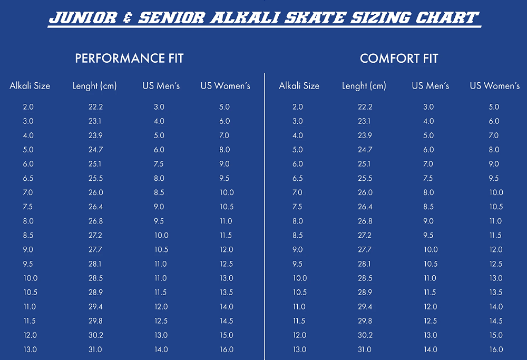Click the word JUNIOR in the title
click(x=83, y=17)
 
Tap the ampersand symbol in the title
click(x=128, y=17)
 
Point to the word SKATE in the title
click(x=314, y=17)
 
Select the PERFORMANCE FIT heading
click(x=129, y=58)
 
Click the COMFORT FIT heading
click(x=399, y=59)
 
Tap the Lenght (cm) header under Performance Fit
click(x=95, y=86)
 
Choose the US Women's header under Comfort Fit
click(x=495, y=86)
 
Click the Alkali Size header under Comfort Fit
click(x=299, y=86)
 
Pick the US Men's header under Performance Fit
click(x=161, y=86)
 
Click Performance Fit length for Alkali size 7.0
click(x=96, y=192)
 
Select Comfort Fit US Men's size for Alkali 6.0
click(x=428, y=164)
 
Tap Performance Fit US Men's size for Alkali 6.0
click(x=159, y=164)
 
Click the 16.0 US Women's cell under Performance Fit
click(x=227, y=349)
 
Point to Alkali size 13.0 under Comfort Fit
click(x=299, y=349)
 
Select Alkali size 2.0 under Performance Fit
click(x=28, y=107)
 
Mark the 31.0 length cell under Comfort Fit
click(x=364, y=349)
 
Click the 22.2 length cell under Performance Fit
click(x=95, y=107)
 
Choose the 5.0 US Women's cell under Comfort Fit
click(x=494, y=107)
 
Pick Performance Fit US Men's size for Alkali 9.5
click(x=161, y=264)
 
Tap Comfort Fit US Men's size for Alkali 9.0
click(x=431, y=250)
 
